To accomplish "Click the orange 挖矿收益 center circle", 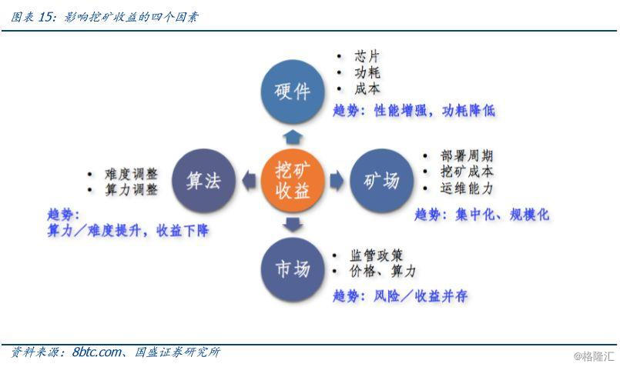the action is point(293,180).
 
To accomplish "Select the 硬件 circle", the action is point(293,92).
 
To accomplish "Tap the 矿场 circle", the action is point(381,180).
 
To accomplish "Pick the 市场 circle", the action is point(293,269).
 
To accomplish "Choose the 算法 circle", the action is point(203,180).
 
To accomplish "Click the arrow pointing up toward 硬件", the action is point(293,137).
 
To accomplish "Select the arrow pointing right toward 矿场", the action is point(337,181).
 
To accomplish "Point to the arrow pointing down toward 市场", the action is point(293,225).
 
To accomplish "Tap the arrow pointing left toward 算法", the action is point(249,181).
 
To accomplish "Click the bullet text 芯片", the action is point(367,56).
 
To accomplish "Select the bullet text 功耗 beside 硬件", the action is point(367,72).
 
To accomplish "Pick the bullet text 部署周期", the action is point(467,155).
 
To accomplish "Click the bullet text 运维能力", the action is point(467,188).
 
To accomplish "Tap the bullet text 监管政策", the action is point(376,255).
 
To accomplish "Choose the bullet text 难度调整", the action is point(131,174).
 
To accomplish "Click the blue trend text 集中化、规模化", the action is point(502,215).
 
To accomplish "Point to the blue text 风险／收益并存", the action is point(421,295).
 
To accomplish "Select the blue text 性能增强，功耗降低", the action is point(434,110).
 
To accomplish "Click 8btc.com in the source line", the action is point(97,352).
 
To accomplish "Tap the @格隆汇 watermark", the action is point(594,356).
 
